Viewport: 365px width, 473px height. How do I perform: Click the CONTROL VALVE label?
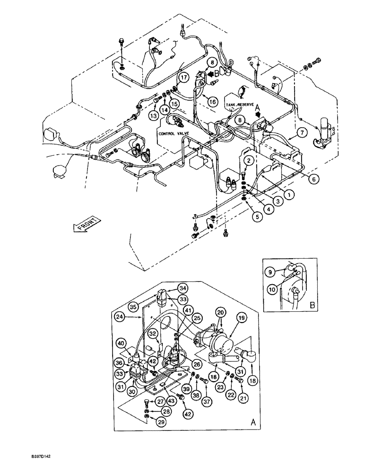pyautogui.click(x=174, y=134)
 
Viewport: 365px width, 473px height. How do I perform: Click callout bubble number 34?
pyautogui.click(x=182, y=289)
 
